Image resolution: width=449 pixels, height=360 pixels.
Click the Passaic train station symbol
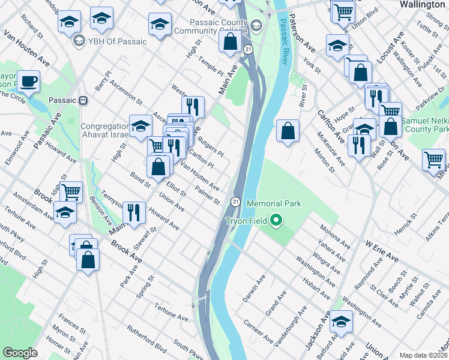pyautogui.click(x=83, y=100)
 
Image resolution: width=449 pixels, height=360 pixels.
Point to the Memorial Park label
pyautogui.click(x=274, y=203)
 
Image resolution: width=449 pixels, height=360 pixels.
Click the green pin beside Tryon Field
pyautogui.click(x=276, y=221)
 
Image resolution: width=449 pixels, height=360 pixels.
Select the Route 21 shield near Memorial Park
pyautogui.click(x=236, y=202)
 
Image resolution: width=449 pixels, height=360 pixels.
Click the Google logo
pyautogui.click(x=20, y=353)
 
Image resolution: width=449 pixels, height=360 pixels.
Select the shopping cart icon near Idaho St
pyautogui.click(x=71, y=192)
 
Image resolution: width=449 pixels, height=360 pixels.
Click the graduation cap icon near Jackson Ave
pyautogui.click(x=341, y=322)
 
